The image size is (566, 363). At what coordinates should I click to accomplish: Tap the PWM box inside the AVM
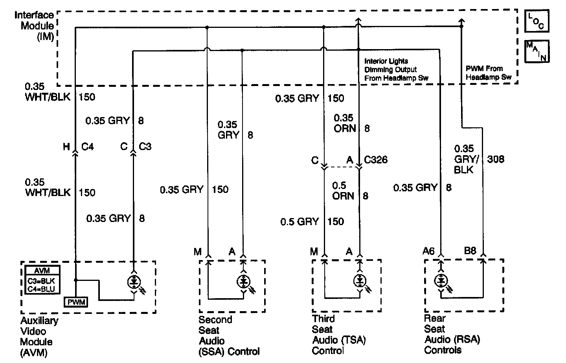(x=76, y=302)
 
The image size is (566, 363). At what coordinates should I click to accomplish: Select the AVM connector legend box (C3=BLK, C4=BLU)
(x=42, y=280)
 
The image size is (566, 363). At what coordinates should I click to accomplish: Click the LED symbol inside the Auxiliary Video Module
(x=134, y=282)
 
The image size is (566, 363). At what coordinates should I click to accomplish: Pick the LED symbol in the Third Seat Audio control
(x=360, y=281)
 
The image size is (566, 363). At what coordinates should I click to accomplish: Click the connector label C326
(x=375, y=159)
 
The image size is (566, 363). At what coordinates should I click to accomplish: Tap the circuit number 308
(x=496, y=159)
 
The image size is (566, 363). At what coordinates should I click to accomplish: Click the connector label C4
(x=87, y=147)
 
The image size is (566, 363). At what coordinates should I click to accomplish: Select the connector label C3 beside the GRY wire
(x=145, y=147)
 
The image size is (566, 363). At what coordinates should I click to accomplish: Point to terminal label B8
(x=470, y=251)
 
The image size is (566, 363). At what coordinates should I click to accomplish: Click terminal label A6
(x=428, y=251)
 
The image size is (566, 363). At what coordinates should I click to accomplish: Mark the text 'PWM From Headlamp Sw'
(x=489, y=73)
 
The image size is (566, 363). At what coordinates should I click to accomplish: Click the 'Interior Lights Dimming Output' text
(x=390, y=65)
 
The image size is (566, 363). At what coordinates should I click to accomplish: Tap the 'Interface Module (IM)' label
(x=34, y=26)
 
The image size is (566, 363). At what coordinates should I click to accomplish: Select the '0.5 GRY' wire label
(x=300, y=222)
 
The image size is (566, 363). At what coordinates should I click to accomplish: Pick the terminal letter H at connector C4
(x=66, y=147)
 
